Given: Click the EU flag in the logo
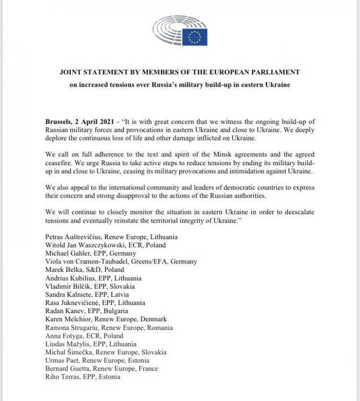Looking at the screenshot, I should click(194, 36).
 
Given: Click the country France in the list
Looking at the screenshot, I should click(149, 369).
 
